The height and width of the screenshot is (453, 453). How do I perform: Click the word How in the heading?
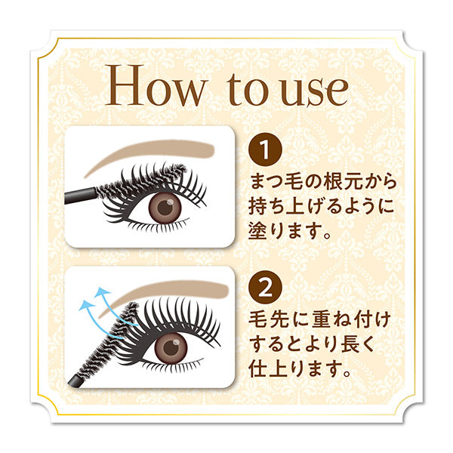click(x=156, y=88)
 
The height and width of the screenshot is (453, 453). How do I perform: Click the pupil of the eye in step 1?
click(x=162, y=208)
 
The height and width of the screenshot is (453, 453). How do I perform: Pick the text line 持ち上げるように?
click(x=322, y=207)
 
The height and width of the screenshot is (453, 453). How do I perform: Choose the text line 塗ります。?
click(x=291, y=231)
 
